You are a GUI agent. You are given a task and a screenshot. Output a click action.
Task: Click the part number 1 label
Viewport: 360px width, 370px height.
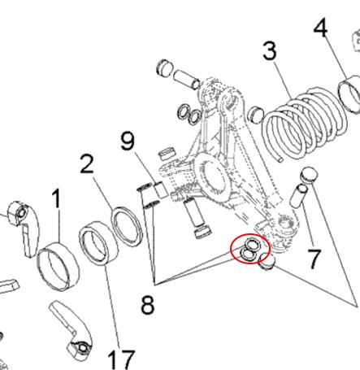click(56, 198)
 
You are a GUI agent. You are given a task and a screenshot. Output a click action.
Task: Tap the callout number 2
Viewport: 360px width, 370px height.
click(87, 163)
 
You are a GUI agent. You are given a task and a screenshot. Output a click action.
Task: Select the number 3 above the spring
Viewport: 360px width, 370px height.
click(270, 51)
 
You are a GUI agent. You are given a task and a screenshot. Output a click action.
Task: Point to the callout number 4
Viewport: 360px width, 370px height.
click(321, 28)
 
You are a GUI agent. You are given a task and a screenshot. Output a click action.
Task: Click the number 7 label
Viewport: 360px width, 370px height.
click(314, 259)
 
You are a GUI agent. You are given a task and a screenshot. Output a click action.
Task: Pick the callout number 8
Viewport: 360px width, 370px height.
click(148, 305)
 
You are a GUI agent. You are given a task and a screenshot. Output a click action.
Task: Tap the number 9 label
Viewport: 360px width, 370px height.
click(128, 141)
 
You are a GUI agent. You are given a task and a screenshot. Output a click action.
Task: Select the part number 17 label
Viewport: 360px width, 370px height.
click(121, 359)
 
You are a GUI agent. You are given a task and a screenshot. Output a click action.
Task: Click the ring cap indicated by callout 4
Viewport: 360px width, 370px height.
click(350, 94)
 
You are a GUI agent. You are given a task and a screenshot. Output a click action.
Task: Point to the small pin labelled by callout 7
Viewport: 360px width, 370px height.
click(298, 195)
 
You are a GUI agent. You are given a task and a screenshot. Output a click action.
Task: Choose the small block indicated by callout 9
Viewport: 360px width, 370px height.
click(161, 189)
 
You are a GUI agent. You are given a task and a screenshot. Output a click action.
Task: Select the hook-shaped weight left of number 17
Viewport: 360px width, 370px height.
click(72, 330)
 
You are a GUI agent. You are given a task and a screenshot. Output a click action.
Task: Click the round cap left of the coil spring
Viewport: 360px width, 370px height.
click(256, 114)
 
